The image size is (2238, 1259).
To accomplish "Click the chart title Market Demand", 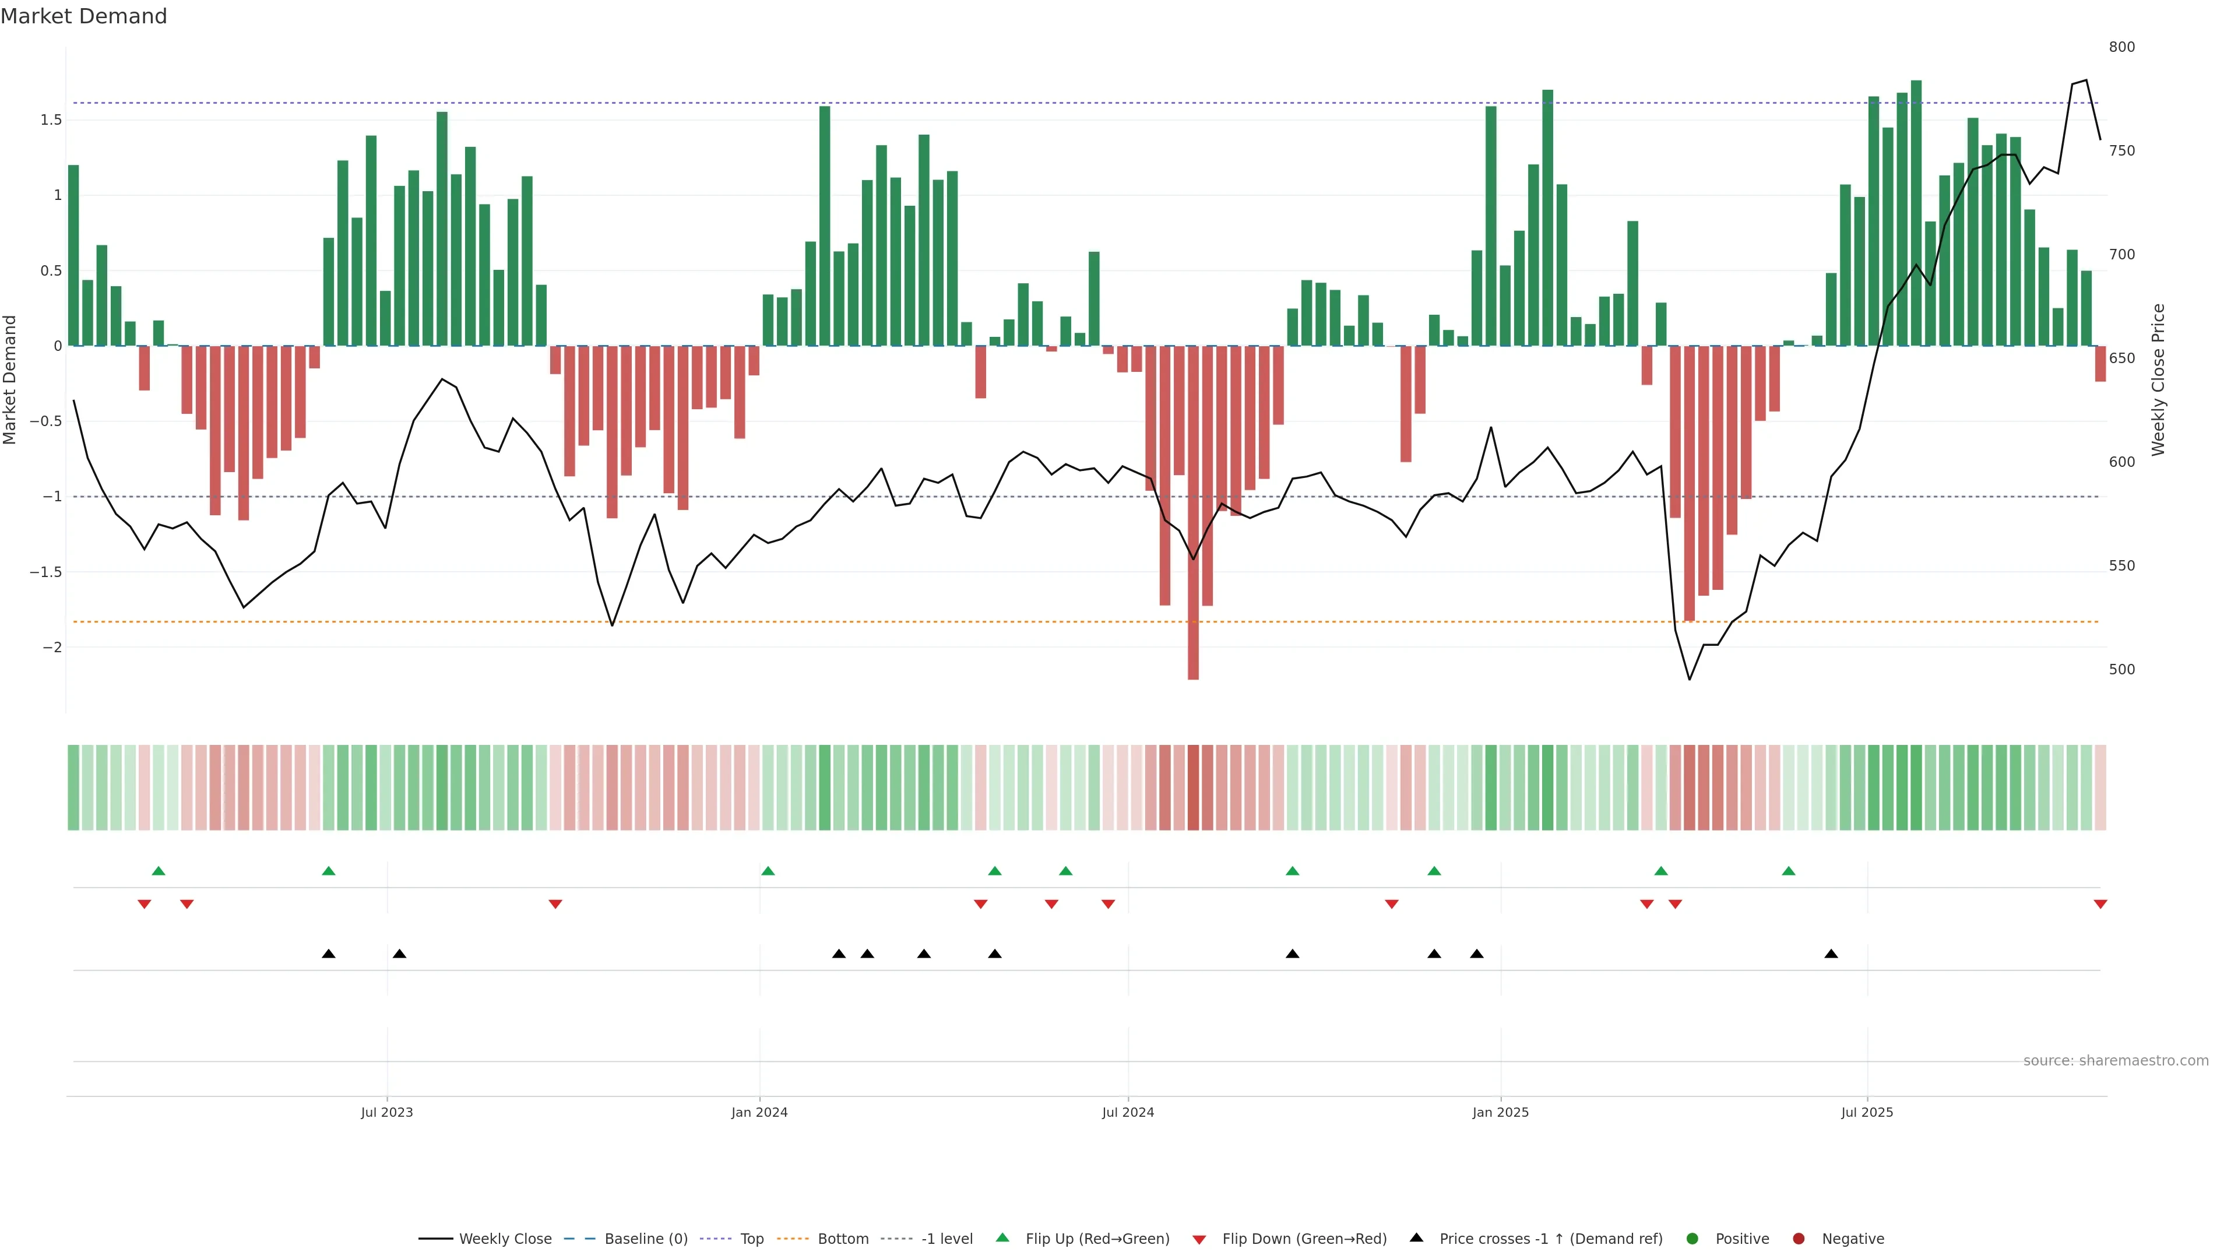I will pos(83,16).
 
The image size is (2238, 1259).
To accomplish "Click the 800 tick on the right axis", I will pos(2121,47).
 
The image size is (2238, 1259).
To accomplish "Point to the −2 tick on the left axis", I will pos(52,648).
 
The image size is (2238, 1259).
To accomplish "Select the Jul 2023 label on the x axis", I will pos(386,1112).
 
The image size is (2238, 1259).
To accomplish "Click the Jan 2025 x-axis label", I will pos(1500,1112).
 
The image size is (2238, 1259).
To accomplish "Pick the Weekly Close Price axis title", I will pos(2158,379).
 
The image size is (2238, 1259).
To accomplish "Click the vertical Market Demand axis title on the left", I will pos(10,379).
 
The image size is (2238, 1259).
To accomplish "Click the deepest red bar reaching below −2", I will pos(1193,513).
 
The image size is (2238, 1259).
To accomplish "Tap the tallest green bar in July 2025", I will pos(1916,213).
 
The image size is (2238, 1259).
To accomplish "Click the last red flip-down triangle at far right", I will pos(2100,905).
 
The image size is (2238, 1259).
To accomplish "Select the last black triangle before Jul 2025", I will pos(1831,954).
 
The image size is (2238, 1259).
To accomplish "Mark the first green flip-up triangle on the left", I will pos(158,871).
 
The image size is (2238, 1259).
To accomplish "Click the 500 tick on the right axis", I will pos(2121,670).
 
